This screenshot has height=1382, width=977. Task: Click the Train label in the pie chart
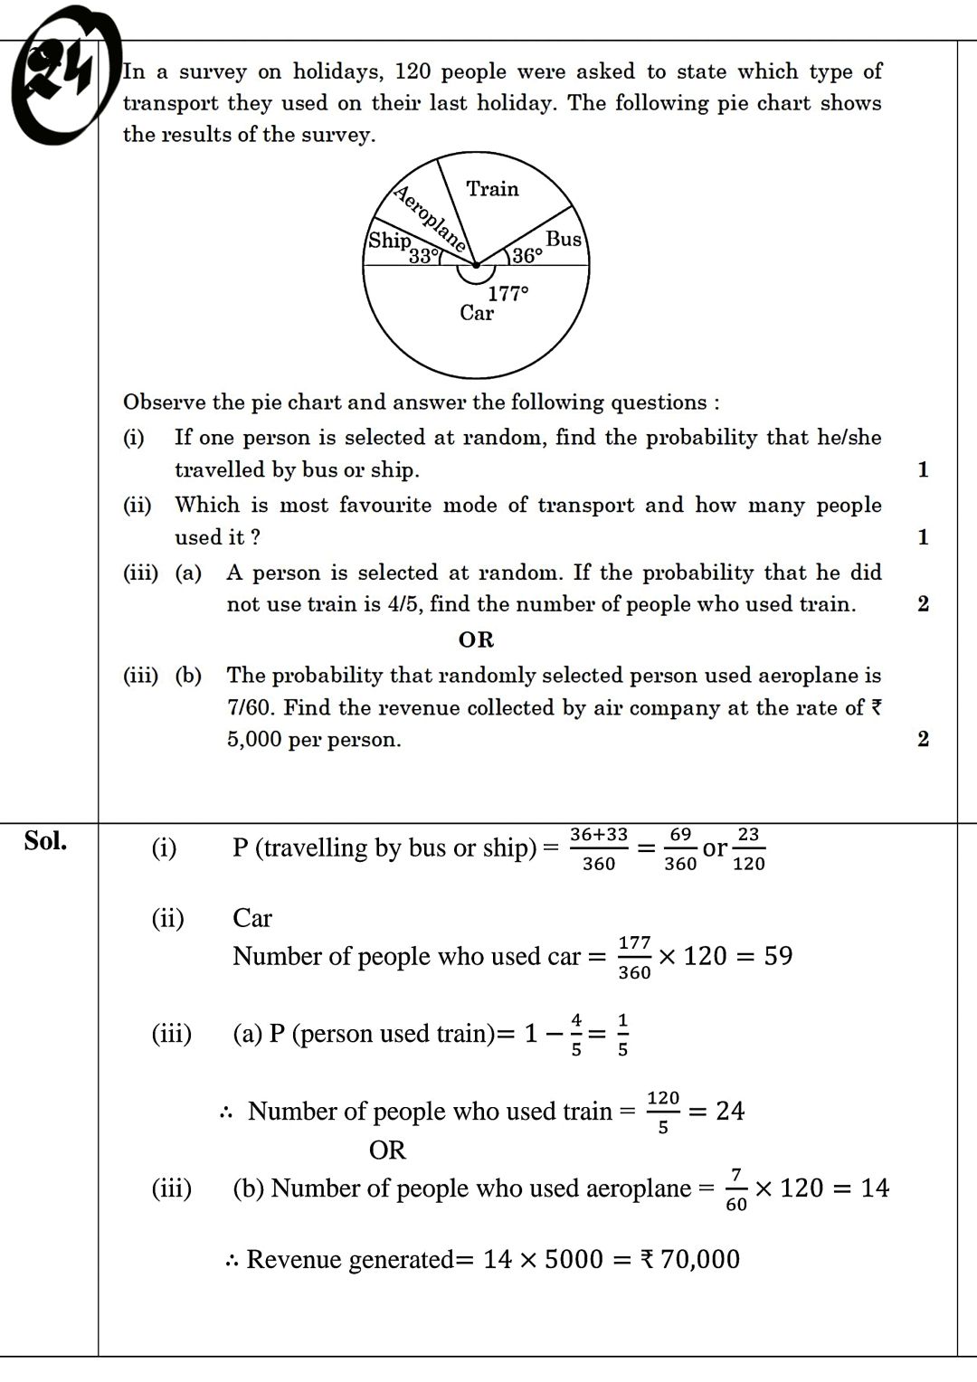492,189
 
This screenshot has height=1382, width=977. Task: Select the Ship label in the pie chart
389,241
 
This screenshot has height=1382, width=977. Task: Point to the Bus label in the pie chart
564,239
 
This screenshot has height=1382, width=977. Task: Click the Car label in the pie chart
477,313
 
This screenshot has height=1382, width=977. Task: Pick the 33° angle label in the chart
423,256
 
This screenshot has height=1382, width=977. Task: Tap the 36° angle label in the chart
527,256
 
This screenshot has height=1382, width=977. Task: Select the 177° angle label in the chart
507,293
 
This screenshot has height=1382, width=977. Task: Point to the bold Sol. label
45,841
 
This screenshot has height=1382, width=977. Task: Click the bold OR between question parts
476,640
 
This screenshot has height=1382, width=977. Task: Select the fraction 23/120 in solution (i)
748,848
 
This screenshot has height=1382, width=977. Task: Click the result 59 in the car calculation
778,956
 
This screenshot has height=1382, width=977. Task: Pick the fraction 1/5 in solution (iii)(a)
622,1034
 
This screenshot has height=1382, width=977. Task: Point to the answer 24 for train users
730,1111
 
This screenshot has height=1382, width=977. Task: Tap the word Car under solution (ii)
251,918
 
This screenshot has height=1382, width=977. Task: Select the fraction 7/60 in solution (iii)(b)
736,1188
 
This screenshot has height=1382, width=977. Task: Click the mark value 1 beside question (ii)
923,537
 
